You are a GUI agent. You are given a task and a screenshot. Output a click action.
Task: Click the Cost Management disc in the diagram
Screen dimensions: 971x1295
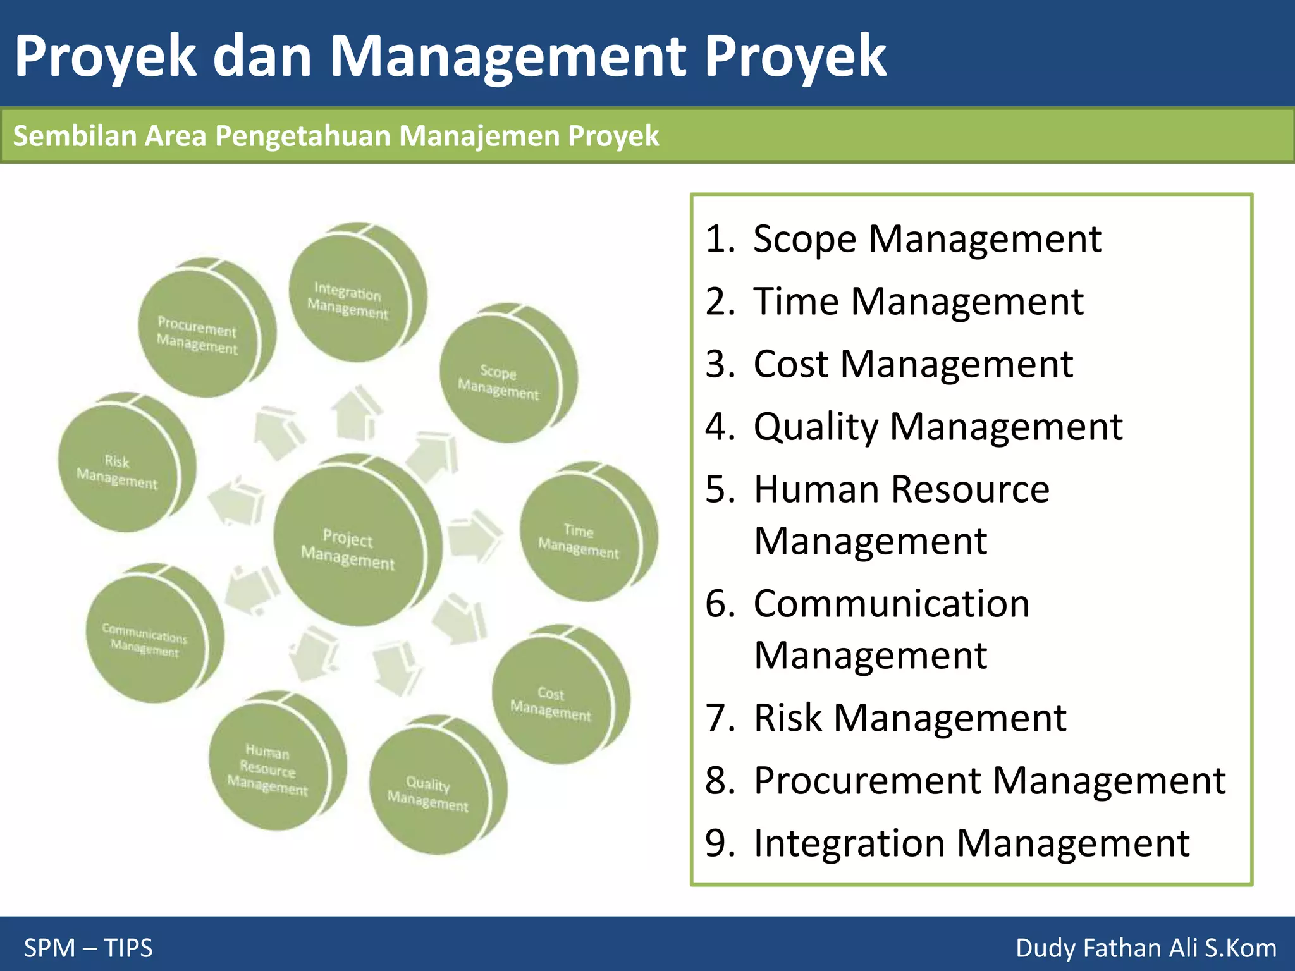[551, 702]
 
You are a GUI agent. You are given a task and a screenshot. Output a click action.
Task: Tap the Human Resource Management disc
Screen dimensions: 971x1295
[268, 767]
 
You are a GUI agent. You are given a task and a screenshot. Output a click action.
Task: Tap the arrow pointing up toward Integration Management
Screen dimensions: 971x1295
[358, 414]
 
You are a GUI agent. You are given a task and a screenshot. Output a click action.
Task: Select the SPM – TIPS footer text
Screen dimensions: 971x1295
[89, 948]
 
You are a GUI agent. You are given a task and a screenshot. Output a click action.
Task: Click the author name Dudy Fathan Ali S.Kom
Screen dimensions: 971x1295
[1145, 948]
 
